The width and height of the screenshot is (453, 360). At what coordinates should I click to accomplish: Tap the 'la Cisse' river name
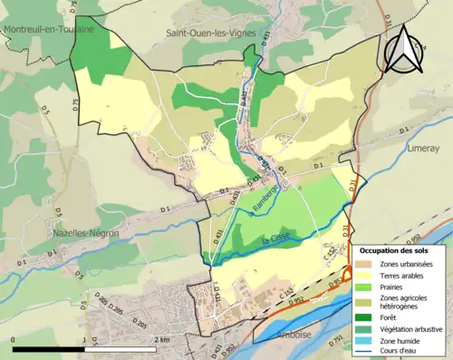275,239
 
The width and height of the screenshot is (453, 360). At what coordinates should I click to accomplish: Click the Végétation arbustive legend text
413,327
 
